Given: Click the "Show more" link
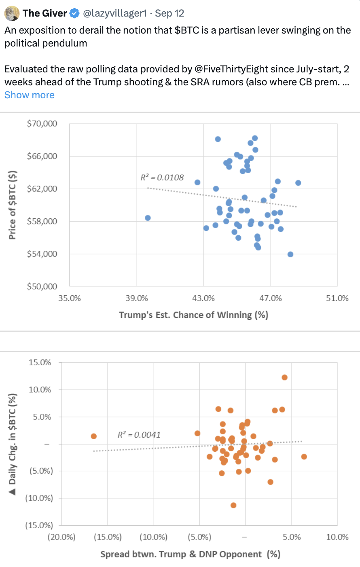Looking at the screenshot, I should [x=29, y=95].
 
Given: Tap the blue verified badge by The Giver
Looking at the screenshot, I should [x=74, y=13].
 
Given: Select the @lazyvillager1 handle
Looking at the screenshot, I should [x=115, y=13].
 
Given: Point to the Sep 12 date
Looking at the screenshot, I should [x=169, y=13].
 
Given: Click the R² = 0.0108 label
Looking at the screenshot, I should [x=162, y=178].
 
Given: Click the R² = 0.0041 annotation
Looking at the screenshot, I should [x=139, y=435].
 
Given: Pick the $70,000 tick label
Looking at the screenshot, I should [x=42, y=123].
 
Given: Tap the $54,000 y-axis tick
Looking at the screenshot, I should [x=42, y=254].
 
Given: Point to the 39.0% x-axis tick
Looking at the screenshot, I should [x=137, y=298].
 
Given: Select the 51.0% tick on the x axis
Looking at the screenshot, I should [x=337, y=298].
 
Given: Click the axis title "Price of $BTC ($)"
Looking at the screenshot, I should [x=13, y=205].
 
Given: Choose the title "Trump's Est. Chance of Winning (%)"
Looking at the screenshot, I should [x=193, y=315].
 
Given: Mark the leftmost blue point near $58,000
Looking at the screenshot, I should [x=148, y=218].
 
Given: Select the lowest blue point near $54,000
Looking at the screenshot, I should [x=290, y=254].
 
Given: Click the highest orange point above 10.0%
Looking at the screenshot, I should [x=284, y=377].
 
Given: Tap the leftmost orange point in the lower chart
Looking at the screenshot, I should [x=93, y=436].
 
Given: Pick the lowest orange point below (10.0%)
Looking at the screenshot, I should [x=233, y=505].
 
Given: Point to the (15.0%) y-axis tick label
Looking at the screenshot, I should [x=39, y=525].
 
